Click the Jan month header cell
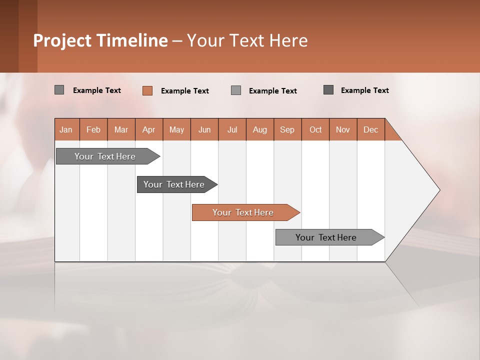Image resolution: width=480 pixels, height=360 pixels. pos(66,129)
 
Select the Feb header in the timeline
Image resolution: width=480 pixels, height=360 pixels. pos(93,129)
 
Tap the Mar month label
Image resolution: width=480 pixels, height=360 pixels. pos(121,129)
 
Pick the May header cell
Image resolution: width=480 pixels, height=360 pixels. pos(176,129)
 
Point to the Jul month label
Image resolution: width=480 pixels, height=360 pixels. pos(232,129)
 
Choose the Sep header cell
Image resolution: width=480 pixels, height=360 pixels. pos(287,129)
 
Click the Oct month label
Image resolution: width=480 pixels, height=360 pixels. pos(315,129)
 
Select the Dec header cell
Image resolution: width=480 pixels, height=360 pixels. pos(370,129)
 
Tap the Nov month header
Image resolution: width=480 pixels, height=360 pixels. pos(342,129)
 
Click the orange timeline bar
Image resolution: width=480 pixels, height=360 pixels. pos(243,212)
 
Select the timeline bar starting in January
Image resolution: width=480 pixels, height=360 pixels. pos(105,156)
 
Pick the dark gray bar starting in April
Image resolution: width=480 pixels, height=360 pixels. pos(174,184)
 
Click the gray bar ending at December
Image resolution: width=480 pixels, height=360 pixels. pos(326,237)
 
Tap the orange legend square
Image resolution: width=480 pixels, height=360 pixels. pos(147,90)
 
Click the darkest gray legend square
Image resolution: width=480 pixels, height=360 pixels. pos(328,90)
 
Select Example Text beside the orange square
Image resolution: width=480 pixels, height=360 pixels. pos(184,91)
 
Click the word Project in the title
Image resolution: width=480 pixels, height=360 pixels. pos(62,40)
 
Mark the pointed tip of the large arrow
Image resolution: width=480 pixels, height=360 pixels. pos(438,190)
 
